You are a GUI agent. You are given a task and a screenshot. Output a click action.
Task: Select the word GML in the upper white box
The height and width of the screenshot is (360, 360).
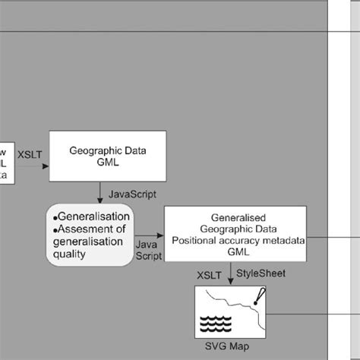coord(96,162)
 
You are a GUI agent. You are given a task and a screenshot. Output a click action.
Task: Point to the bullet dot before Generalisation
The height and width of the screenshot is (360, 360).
coord(56,217)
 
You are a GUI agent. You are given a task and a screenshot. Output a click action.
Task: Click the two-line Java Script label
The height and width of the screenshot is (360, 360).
coord(147,251)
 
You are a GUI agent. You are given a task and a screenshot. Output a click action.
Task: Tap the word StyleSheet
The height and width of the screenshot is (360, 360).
coord(261,273)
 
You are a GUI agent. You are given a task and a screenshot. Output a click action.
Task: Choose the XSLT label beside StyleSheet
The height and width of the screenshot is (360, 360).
coord(210,273)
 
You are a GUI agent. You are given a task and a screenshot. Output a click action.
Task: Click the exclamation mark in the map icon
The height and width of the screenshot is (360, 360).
coord(259,295)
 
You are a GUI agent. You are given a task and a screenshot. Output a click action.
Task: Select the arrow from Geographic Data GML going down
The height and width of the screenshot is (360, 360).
coord(99,192)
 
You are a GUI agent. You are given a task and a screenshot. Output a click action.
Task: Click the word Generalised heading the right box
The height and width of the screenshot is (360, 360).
coord(235,216)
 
